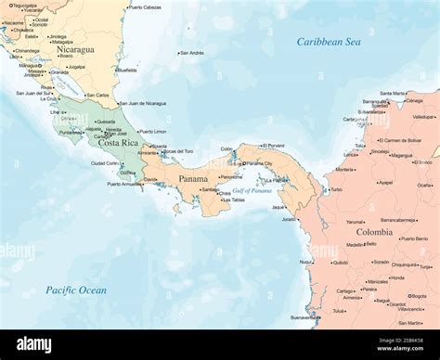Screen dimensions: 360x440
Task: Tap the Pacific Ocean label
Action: click(76, 290)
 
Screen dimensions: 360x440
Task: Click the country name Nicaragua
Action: click(74, 50)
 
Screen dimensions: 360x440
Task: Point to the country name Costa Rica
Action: click(118, 143)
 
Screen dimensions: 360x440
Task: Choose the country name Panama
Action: click(193, 178)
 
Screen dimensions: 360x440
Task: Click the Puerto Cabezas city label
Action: click(144, 7)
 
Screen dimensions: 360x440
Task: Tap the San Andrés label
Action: click(191, 53)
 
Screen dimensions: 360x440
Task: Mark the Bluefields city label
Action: click(125, 70)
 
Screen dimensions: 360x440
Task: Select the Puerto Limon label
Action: click(152, 132)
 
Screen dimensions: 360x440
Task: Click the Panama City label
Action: click(257, 164)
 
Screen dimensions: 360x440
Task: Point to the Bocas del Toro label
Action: click(177, 151)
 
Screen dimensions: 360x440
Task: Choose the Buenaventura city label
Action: click(304, 317)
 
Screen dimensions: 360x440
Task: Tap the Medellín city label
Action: click(355, 244)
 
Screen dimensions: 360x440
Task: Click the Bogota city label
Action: click(419, 296)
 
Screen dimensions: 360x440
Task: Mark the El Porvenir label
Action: click(274, 146)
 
